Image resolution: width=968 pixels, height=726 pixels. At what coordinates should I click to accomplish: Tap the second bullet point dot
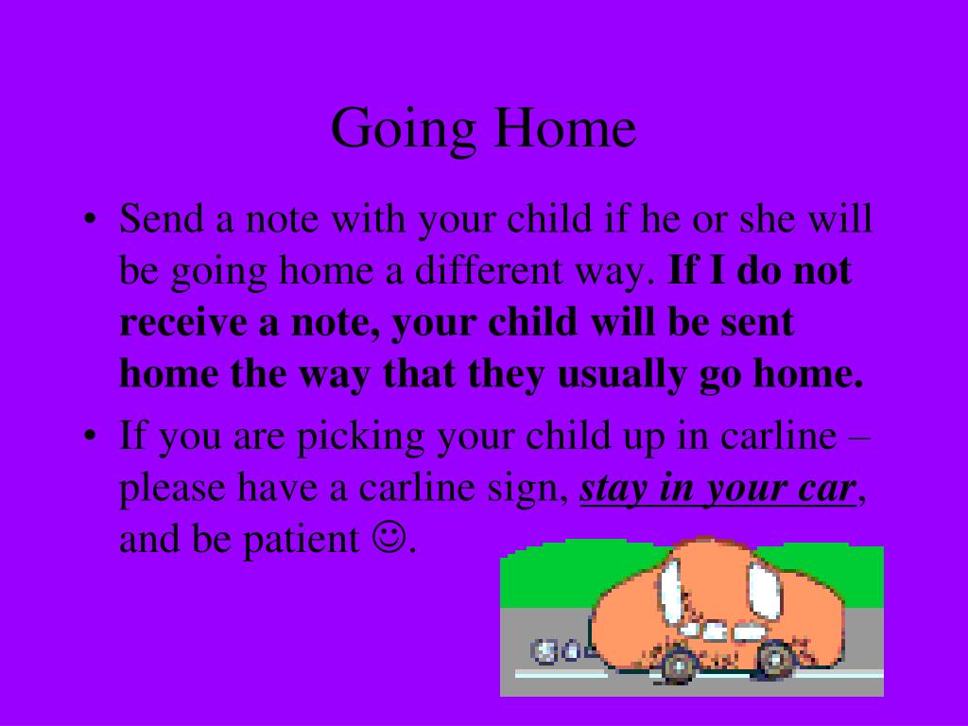coord(90,440)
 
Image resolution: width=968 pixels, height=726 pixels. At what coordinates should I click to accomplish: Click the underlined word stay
coord(614,490)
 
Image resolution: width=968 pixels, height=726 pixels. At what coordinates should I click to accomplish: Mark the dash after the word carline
coord(861,439)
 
